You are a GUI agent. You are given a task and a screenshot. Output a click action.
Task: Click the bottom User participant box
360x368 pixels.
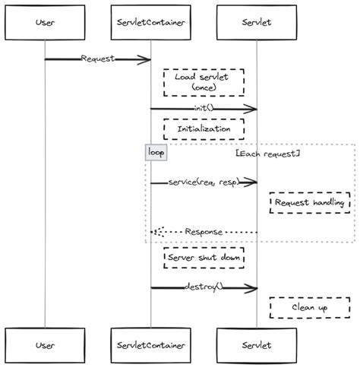point(44,345)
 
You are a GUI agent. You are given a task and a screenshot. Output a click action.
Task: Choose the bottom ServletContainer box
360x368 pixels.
point(150,345)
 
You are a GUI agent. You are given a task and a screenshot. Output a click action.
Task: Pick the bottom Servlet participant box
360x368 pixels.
point(256,345)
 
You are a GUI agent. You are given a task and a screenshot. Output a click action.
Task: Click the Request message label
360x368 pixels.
point(97,59)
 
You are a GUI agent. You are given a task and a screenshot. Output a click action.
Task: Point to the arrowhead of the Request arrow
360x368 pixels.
point(146,59)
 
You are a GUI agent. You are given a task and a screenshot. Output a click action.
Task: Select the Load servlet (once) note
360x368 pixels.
point(204,82)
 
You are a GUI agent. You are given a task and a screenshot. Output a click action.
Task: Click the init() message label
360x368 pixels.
point(204,108)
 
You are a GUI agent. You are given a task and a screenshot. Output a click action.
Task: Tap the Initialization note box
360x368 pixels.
point(204,129)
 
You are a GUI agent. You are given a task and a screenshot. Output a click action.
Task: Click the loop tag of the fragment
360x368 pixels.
point(156,152)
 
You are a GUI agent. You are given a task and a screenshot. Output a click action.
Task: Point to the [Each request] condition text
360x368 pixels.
point(268,153)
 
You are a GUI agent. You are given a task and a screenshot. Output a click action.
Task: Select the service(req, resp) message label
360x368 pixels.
point(204,182)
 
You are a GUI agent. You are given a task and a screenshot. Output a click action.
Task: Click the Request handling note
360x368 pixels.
point(309,203)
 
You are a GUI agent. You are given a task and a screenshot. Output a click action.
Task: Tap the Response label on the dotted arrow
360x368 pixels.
point(204,231)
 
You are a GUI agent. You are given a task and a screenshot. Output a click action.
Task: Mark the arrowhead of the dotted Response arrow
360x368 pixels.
point(155,232)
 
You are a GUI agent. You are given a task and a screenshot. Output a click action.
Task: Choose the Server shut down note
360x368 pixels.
point(204,259)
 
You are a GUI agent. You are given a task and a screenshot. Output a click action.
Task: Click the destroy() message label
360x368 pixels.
point(204,287)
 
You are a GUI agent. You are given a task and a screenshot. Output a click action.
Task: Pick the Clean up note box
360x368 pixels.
point(309,308)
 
